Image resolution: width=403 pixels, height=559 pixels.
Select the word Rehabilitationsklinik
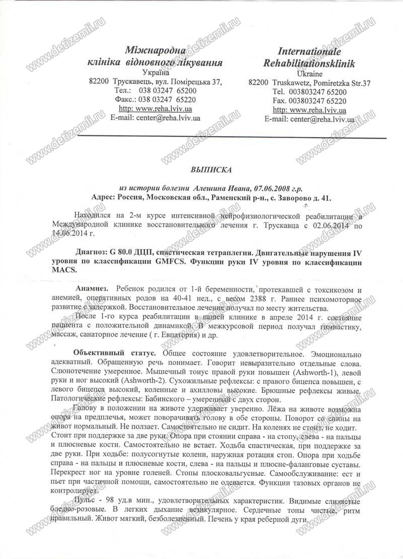[309, 64]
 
